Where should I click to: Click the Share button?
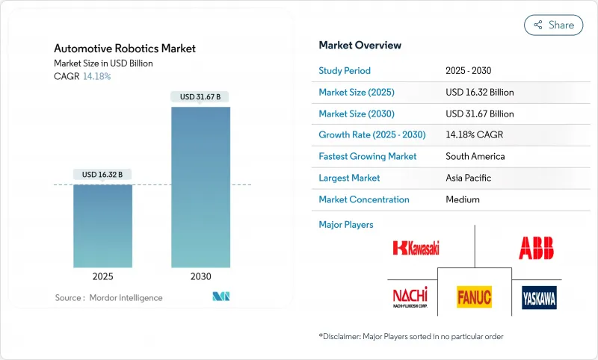pos(554,25)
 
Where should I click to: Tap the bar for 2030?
pos(200,187)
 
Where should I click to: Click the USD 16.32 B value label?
pos(102,174)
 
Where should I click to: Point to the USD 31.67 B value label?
pos(200,96)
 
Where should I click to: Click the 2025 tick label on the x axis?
pos(102,276)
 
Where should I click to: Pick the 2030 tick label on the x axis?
pos(200,276)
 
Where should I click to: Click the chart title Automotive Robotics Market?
pos(125,49)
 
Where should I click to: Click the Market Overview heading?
pos(360,46)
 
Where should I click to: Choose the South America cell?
pos(475,157)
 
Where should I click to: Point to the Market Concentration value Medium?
pos(463,199)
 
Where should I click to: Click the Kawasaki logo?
pos(417,247)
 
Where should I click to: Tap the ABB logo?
pos(536,247)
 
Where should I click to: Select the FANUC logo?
pos(474,297)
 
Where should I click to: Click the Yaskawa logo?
pos(539,297)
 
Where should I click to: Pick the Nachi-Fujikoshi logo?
pos(410,297)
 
